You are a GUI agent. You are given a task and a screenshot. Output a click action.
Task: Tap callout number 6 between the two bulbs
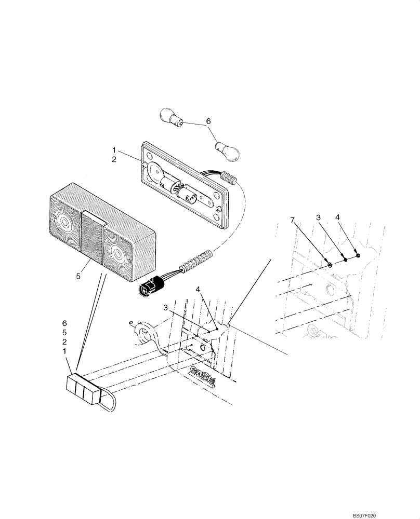click(x=208, y=121)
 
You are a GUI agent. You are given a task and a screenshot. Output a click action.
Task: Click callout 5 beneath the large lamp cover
click(x=78, y=277)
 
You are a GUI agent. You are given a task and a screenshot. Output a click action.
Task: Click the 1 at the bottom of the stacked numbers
click(x=65, y=351)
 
